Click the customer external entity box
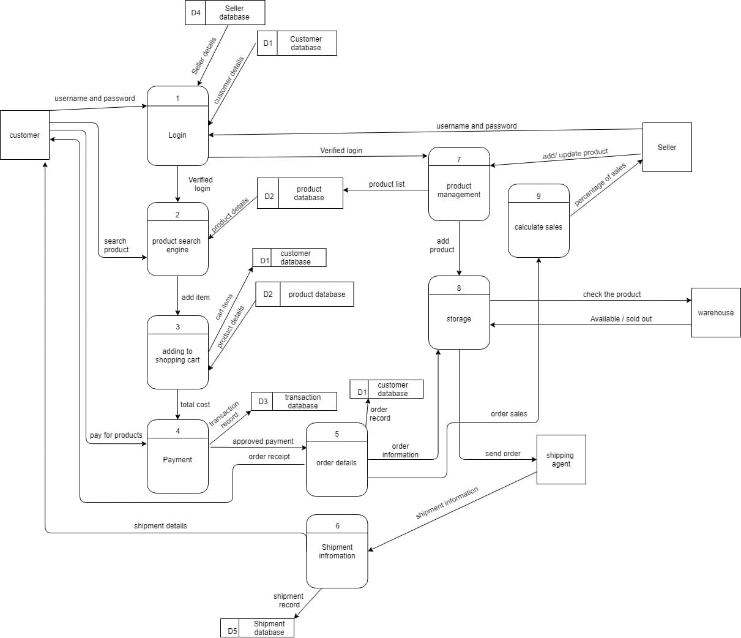pyautogui.click(x=24, y=135)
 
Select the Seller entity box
pyautogui.click(x=667, y=147)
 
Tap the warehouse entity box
pyautogui.click(x=716, y=312)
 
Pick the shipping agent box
pyautogui.click(x=561, y=460)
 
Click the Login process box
pyautogui.click(x=177, y=126)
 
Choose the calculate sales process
pyautogui.click(x=538, y=220)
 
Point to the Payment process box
pyautogui.click(x=177, y=456)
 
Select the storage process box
pyautogui.click(x=459, y=312)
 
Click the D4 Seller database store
pyautogui.click(x=225, y=13)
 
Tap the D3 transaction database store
pyautogui.click(x=294, y=401)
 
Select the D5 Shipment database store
pyautogui.click(x=257, y=628)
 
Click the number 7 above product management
pyautogui.click(x=459, y=160)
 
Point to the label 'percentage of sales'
pyautogui.click(x=600, y=184)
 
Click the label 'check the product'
pyautogui.click(x=612, y=295)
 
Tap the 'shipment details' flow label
pyautogui.click(x=160, y=526)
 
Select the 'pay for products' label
pyautogui.click(x=116, y=435)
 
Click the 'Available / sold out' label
pyautogui.click(x=621, y=319)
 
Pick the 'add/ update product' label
pyautogui.click(x=575, y=154)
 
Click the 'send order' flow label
pyautogui.click(x=503, y=454)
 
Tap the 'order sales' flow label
pyautogui.click(x=509, y=414)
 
